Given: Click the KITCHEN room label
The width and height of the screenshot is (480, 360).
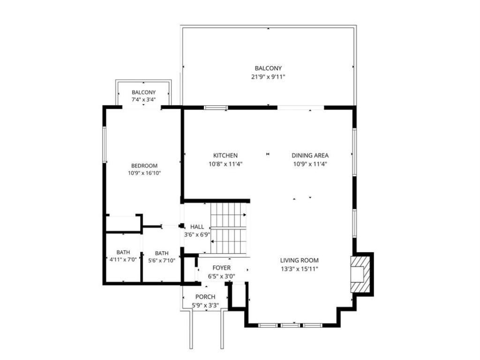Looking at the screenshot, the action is point(225,156).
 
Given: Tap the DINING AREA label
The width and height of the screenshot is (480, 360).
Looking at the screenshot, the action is point(310,156).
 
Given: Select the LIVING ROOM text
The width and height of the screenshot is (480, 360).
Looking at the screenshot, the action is point(300,261).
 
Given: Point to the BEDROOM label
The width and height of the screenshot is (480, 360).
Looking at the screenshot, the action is point(144,166).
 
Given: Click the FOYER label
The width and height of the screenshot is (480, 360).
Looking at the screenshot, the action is point(222,268).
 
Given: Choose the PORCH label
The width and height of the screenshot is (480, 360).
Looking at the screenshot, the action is point(205,297).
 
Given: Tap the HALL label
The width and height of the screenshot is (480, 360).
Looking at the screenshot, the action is point(197,227).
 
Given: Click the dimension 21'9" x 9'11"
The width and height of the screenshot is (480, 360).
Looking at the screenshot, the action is point(268,77).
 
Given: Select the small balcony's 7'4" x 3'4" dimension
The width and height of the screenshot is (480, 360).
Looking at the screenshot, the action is point(143,99).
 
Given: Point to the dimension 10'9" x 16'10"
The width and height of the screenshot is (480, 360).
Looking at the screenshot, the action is point(144,173).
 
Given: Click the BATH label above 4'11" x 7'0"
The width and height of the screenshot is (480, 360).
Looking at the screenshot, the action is point(123,253).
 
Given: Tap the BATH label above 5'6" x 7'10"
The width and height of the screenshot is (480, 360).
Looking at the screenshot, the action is point(162,254).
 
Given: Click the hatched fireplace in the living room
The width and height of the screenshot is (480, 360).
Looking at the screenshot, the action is point(360,274).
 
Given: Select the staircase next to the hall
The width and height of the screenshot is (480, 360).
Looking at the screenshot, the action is point(228,228).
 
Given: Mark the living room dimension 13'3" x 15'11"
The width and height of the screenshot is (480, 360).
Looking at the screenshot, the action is point(300,270).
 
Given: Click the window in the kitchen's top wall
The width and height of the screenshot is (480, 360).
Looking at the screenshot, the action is point(216,107).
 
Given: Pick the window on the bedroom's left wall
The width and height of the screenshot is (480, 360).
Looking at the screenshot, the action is point(104,144).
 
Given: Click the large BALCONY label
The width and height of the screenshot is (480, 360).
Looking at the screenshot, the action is point(268,68).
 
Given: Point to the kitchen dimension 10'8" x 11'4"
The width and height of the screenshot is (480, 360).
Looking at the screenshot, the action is point(225,164).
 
